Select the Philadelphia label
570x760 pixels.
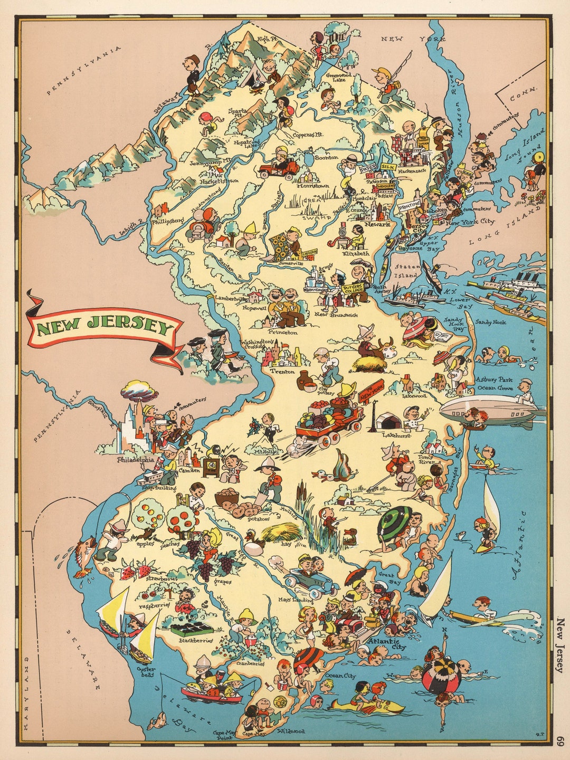[x=136, y=459]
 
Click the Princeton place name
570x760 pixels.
[x=282, y=332]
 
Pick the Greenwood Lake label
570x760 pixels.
[x=338, y=79]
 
